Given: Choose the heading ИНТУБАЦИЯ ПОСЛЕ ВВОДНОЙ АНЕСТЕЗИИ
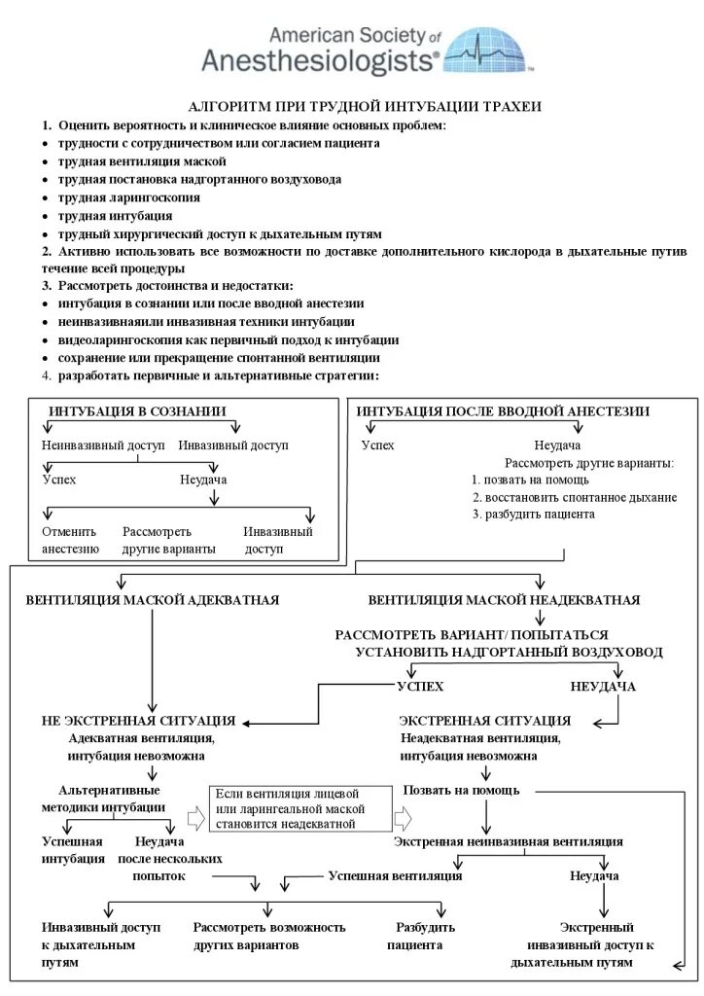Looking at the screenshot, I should [503, 411].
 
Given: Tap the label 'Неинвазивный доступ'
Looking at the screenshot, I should [105, 445].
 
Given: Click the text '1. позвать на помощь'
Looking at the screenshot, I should [530, 480].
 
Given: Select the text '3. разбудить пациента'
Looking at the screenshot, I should [534, 514].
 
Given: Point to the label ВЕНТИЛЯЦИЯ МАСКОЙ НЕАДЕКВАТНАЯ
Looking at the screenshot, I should [504, 600].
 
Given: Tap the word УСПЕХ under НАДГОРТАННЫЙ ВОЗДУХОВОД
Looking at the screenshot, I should [420, 687].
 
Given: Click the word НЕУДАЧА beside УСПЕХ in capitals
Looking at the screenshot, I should [603, 687].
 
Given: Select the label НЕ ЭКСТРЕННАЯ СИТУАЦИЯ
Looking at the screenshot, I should [138, 721].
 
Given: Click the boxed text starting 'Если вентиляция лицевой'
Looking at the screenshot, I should [290, 808].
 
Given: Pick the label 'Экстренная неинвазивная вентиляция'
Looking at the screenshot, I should [508, 841].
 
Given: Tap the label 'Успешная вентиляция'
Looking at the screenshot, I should [395, 875].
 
